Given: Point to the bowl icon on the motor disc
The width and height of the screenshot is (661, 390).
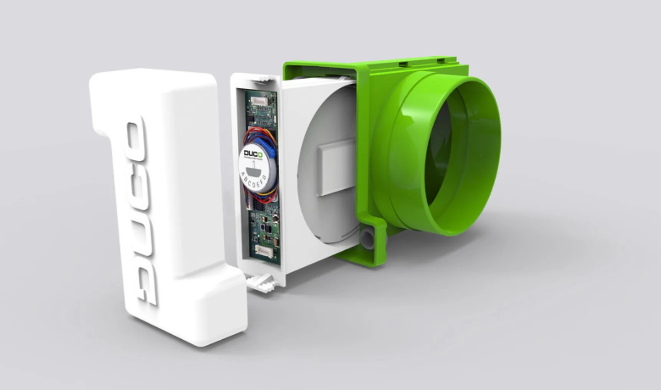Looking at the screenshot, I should (253, 168).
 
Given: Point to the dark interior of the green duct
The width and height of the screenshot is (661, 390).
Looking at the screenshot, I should (445, 154).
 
